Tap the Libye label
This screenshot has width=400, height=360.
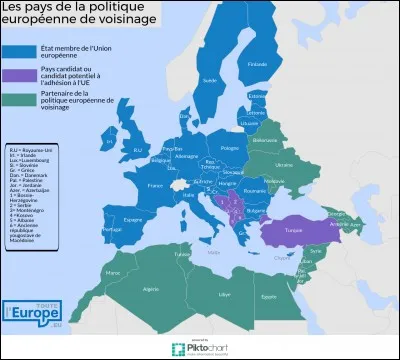[x=225, y=294]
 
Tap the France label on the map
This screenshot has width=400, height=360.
[x=153, y=185]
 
